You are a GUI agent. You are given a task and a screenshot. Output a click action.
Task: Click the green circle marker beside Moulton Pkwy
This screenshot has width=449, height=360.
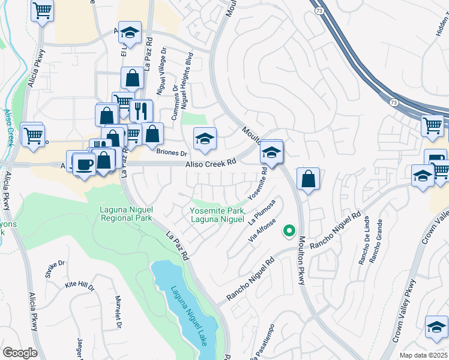[x=289, y=230]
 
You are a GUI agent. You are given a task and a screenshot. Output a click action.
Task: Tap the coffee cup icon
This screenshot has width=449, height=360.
[x=84, y=164]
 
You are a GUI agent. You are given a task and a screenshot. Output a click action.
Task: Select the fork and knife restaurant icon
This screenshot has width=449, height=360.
[x=141, y=111]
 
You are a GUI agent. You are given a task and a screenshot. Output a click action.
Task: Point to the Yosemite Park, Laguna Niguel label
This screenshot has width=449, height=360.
[x=217, y=215]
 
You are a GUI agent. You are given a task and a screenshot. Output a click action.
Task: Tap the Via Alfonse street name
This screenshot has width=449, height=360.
[x=261, y=230]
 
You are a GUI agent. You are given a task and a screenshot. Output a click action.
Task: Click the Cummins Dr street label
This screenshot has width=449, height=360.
[x=175, y=103]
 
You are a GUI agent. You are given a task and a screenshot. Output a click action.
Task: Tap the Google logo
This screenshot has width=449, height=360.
[x=20, y=353]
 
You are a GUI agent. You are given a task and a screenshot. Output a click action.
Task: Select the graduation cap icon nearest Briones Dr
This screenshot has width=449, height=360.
[x=205, y=139]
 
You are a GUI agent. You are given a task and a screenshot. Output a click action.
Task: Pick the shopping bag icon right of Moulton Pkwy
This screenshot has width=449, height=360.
[x=308, y=179]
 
